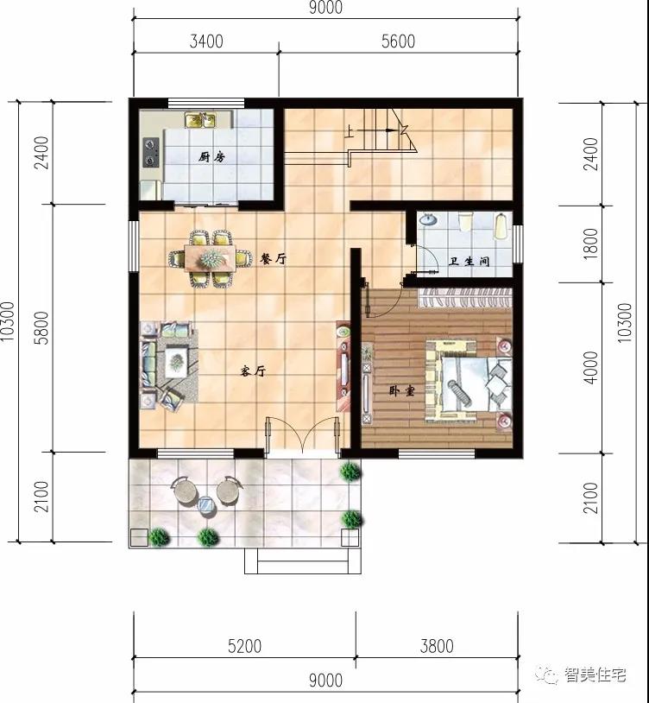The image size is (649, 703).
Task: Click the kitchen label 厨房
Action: pos(211,157)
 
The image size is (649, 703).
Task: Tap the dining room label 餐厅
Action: pos(273,258)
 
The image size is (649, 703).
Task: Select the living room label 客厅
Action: pos(251,371)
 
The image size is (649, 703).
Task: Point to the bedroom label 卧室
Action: pos(401,390)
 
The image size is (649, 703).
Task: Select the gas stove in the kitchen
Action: pos(151,155)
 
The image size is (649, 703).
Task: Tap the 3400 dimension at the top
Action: pos(205,41)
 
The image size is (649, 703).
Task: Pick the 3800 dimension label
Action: pos(435,646)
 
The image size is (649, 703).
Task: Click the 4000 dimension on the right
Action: pos(590,368)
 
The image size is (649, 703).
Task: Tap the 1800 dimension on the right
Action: pos(590,244)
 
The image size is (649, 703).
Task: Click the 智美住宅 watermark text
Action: pos(595,676)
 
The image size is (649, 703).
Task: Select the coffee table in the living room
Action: pos(178,358)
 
